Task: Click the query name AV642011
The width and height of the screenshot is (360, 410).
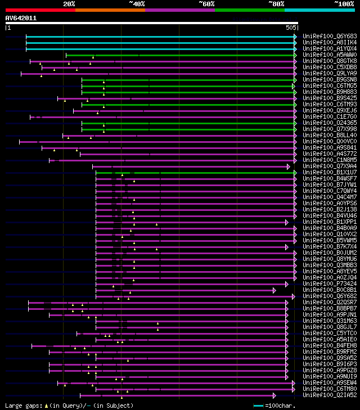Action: [21, 18]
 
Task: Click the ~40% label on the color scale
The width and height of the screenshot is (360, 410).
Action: [137, 4]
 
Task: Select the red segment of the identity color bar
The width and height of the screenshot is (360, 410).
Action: [40, 10]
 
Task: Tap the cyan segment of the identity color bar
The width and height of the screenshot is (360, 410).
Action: [319, 10]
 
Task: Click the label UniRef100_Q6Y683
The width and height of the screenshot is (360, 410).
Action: [329, 36]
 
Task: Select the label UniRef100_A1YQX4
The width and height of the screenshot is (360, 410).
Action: [329, 48]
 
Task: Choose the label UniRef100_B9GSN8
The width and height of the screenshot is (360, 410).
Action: [329, 79]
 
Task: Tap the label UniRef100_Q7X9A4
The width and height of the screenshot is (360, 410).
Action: [329, 166]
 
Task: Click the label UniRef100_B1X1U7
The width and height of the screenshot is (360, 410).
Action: [329, 172]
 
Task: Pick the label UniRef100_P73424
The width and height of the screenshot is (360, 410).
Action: [329, 283]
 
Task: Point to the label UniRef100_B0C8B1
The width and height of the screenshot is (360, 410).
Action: [329, 290]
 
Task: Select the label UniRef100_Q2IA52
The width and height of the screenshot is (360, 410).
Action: [329, 395]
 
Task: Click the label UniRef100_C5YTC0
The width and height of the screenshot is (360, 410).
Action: [329, 333]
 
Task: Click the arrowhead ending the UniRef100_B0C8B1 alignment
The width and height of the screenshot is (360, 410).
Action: [274, 290]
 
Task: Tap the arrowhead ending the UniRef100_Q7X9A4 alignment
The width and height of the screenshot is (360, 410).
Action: [289, 166]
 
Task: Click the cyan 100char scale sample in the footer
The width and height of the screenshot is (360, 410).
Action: [259, 405]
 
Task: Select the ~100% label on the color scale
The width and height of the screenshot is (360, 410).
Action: [344, 4]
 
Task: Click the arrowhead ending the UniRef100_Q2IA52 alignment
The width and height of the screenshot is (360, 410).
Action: [274, 395]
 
